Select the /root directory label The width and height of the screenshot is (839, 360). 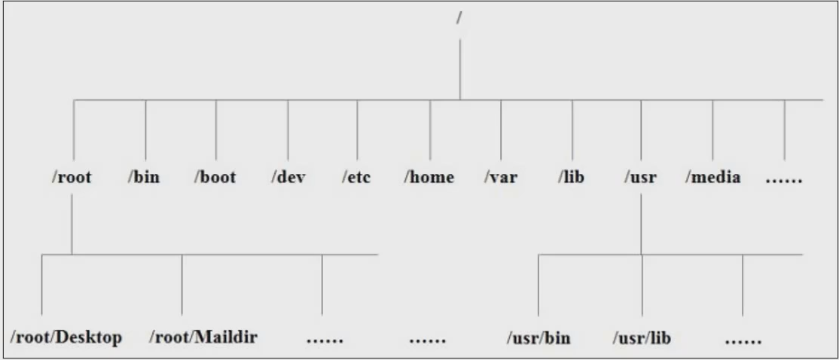pos(72,178)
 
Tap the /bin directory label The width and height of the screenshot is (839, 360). pos(143,178)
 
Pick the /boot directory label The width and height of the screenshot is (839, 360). pos(215,178)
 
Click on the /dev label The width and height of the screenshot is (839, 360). pos(288,178)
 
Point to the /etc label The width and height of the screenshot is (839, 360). pos(356,178)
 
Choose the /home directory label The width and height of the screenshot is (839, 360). pos(429,178)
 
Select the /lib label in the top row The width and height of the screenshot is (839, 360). pos(571,178)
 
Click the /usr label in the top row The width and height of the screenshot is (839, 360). pos(641,178)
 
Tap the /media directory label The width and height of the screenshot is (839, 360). pos(712,178)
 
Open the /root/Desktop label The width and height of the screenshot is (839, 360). pos(66,337)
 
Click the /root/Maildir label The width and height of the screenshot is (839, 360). pos(203,337)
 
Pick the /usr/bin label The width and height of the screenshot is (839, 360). pos(538,337)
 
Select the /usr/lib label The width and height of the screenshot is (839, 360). pos(642,337)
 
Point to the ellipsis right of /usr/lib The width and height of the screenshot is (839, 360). pos(743,340)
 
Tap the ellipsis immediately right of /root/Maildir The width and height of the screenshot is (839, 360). pos(325,340)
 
